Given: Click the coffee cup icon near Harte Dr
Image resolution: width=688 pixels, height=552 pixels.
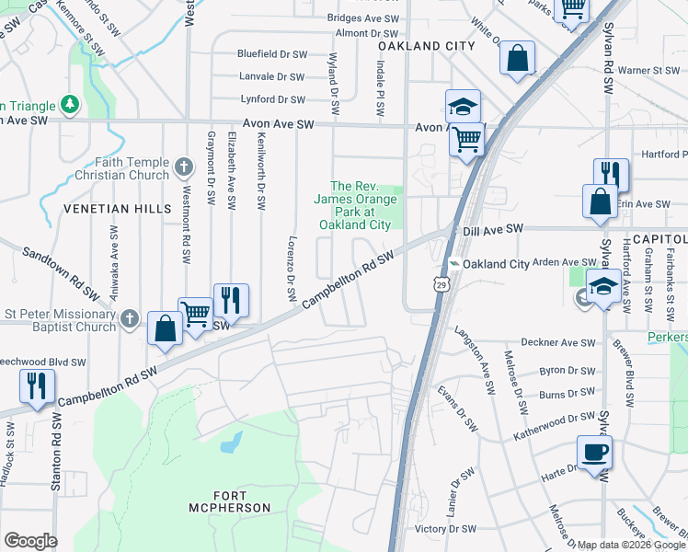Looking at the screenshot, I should coord(593,453).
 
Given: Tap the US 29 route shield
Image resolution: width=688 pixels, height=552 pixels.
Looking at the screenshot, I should coord(443,287).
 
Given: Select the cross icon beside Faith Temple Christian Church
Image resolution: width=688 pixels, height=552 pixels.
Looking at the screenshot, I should coord(184,167).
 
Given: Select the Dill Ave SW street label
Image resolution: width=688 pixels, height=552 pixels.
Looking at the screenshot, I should coord(492,228).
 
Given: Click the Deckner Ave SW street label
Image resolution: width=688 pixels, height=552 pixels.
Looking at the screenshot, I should coord(552,342).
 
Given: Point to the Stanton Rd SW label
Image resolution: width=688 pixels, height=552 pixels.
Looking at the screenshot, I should coord(56,451).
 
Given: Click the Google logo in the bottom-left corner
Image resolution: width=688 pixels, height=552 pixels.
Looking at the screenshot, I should coord(30,541).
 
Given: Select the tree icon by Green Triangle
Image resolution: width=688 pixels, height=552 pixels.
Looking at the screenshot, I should coord(69,105).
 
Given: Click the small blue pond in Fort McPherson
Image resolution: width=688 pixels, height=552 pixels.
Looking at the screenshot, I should coord(231,443).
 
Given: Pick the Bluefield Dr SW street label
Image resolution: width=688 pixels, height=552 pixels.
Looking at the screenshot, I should coord(271,54).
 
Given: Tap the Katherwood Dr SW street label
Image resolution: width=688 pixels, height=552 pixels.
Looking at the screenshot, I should coord(556,417).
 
